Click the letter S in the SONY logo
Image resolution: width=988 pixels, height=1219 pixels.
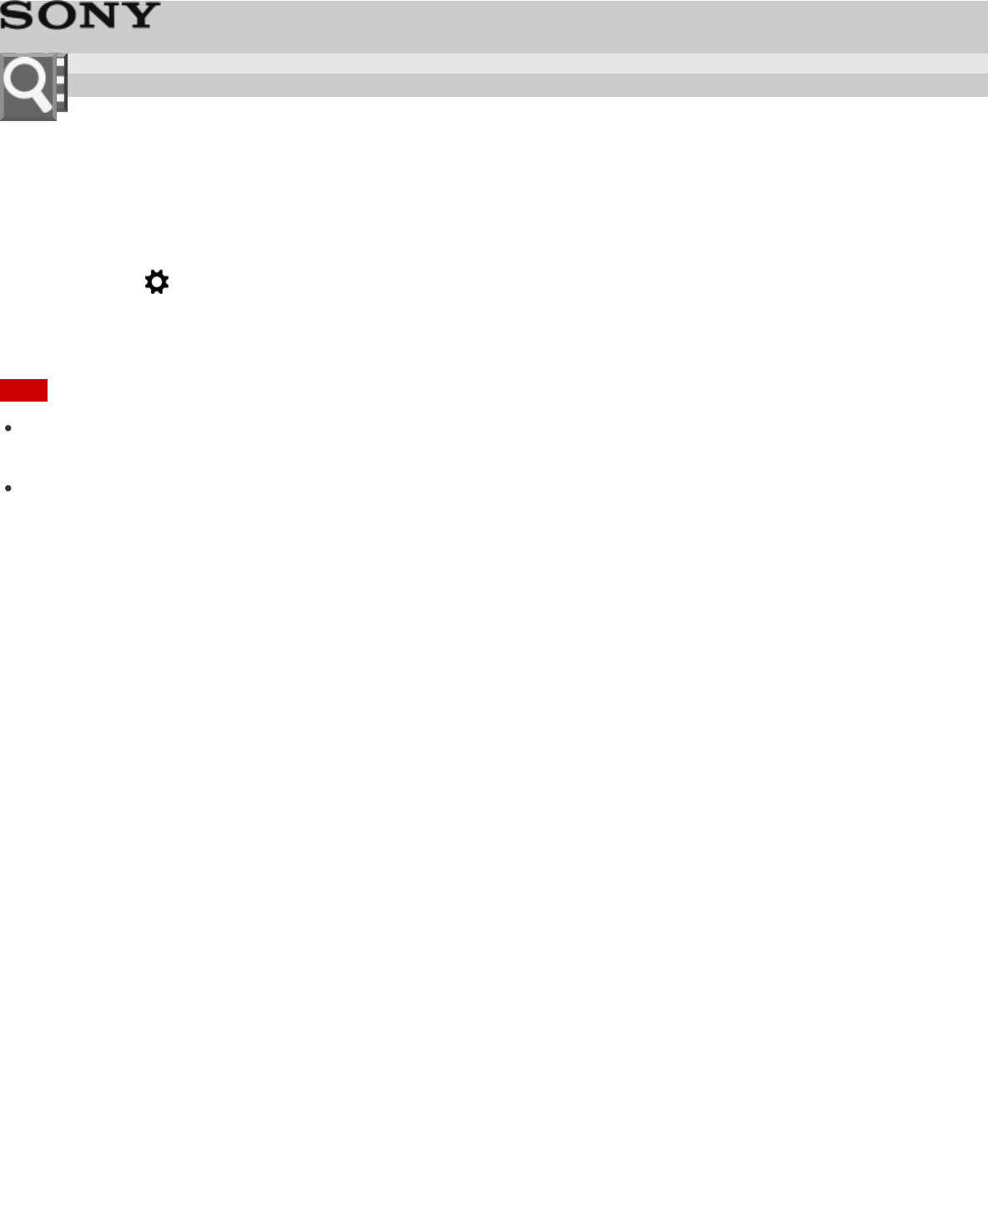coord(17,16)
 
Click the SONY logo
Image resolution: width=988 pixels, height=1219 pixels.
coord(79,16)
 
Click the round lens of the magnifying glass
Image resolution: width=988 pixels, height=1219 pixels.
coord(24,81)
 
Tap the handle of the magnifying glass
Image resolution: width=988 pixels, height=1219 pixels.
coord(41,102)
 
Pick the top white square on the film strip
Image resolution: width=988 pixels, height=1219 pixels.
coord(61,65)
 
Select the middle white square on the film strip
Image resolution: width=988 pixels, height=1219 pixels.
coord(61,83)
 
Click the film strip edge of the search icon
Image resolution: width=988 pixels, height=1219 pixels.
coord(62,83)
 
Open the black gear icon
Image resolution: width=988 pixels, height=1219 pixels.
coord(157,282)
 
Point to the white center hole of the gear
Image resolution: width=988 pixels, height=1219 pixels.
coord(157,282)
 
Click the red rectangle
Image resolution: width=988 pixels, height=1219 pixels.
coord(23,390)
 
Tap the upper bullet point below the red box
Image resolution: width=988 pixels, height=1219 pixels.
coord(8,427)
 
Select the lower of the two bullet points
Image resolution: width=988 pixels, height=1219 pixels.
coord(8,488)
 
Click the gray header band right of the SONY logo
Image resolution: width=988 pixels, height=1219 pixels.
coord(567,25)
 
